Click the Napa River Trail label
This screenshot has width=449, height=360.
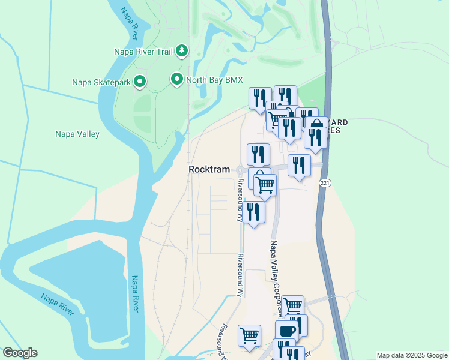tap(143, 52)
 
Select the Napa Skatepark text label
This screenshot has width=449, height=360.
tap(101, 82)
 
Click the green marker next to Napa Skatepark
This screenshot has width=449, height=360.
tap(140, 82)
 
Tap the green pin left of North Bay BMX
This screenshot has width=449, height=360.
tap(176, 79)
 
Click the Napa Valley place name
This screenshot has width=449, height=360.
tap(77, 134)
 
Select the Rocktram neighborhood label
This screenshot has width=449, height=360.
tap(209, 170)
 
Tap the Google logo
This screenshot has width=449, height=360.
tap(20, 353)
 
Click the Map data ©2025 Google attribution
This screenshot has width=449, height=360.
tap(412, 355)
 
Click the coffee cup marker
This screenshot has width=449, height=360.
tap(286, 332)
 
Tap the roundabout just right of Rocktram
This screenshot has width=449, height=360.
tap(242, 170)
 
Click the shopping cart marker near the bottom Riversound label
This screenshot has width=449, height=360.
tap(249, 335)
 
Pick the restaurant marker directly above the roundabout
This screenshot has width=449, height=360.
tap(258, 154)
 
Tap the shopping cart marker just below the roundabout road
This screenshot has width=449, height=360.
tap(265, 185)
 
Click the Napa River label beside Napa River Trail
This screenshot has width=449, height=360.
tap(129, 21)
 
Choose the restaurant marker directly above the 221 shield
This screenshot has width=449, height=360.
tap(299, 166)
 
